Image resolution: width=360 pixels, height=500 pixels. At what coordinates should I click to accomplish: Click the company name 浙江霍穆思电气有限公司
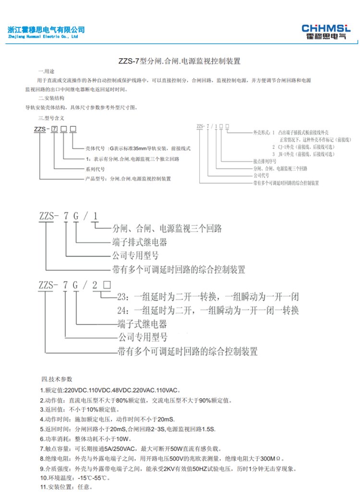point(46,29)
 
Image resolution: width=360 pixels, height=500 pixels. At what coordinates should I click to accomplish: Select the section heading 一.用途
point(48,72)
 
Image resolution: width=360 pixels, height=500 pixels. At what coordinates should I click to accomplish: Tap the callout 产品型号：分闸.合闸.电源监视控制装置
point(128,178)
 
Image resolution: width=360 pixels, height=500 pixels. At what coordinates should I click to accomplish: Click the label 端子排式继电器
point(140,242)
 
